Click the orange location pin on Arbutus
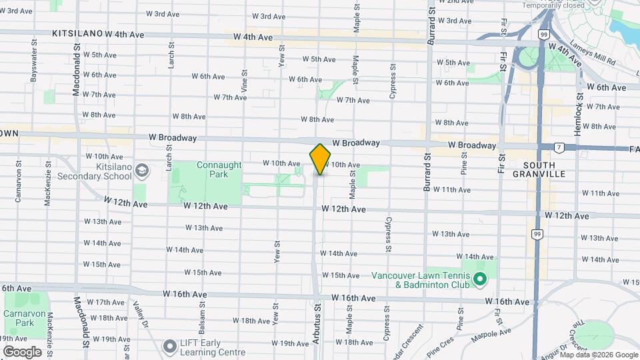(320, 159)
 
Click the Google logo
(22, 352)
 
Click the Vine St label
(245, 81)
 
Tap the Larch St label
(171, 55)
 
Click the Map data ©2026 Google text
(599, 355)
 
